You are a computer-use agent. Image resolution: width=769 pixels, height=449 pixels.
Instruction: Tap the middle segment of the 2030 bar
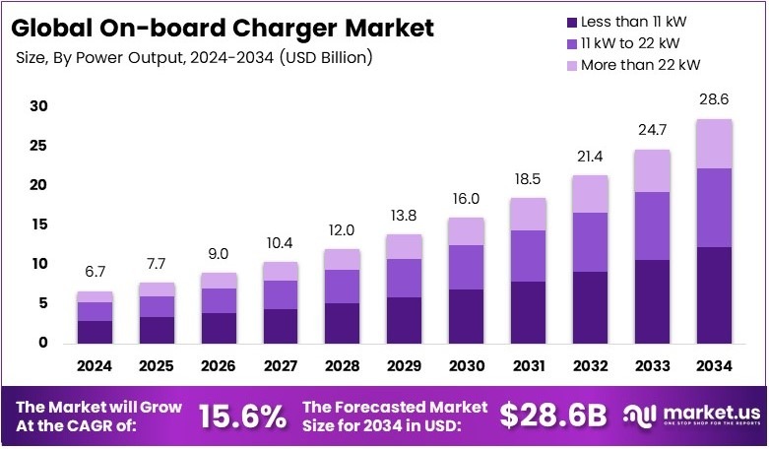[465, 267]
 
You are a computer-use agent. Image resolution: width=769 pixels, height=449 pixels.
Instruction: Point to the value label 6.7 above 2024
[95, 272]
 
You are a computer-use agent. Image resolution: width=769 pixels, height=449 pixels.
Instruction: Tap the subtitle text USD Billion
[325, 58]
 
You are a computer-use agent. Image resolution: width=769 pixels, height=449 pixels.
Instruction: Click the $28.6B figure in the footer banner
[553, 417]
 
